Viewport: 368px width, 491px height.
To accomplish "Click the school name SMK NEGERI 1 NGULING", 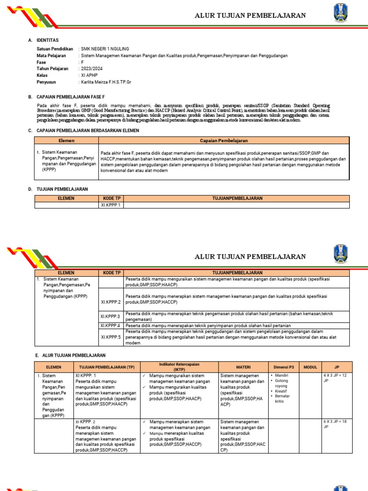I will tap(105, 49).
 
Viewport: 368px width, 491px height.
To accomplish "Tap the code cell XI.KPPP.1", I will tap(111, 205).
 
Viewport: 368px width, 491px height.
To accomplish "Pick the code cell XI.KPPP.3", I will tap(111, 316).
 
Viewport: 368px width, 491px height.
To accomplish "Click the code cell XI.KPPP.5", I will tap(111, 337).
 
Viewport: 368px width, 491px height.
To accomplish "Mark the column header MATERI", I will tap(243, 367).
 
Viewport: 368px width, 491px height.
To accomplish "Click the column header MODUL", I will tap(310, 367).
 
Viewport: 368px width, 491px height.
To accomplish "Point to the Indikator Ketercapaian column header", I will tap(179, 367).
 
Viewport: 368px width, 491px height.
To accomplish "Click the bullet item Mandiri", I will tap(282, 375).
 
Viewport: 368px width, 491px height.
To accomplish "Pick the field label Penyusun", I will tap(46, 82).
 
